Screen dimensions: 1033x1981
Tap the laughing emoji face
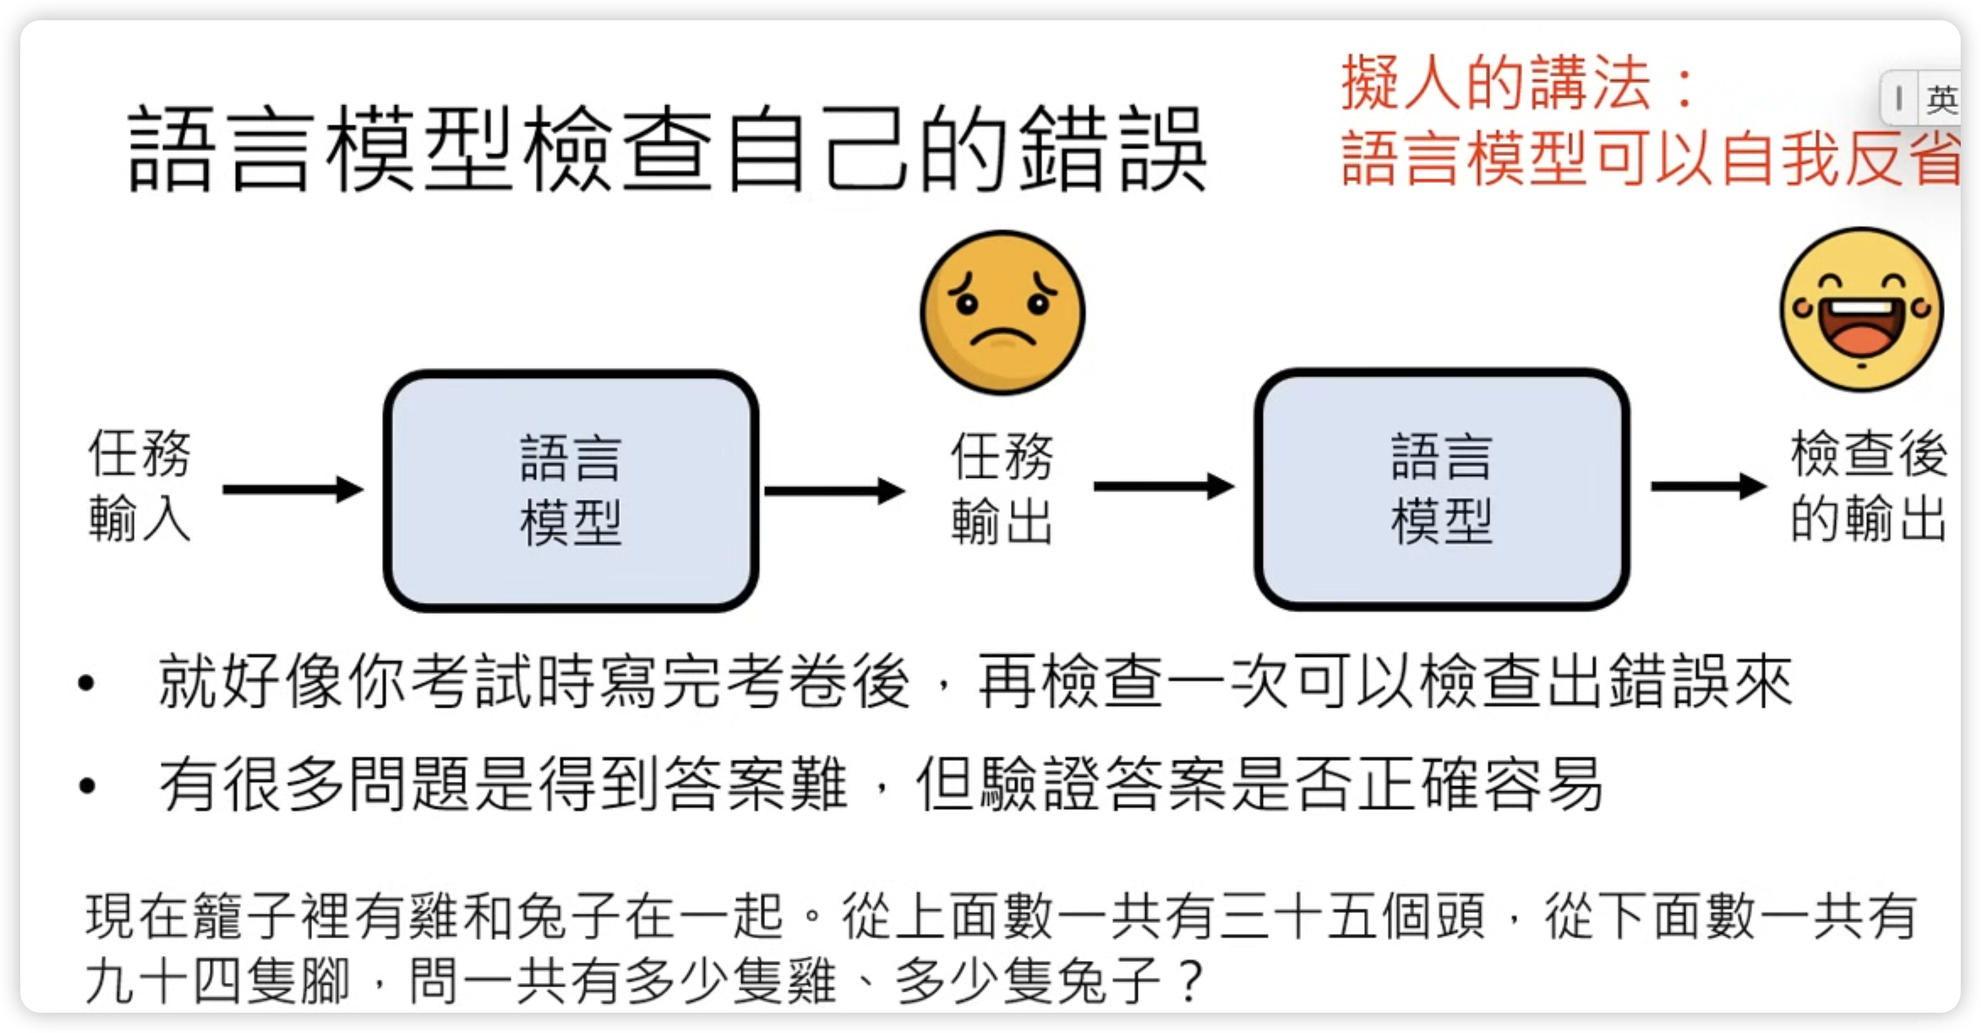click(x=1861, y=309)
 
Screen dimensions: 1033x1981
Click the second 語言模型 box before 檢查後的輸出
click(x=1442, y=489)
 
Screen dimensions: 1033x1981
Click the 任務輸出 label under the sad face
click(x=1002, y=489)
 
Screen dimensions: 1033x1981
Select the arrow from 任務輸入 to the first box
click(x=292, y=489)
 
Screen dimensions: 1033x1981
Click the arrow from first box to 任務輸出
click(x=834, y=491)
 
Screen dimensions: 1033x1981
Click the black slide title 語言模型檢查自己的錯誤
click(x=666, y=149)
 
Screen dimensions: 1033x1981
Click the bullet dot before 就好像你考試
click(x=87, y=683)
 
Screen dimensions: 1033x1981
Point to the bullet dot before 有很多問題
click(x=87, y=786)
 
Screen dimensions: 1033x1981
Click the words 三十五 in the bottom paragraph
click(x=1298, y=916)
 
